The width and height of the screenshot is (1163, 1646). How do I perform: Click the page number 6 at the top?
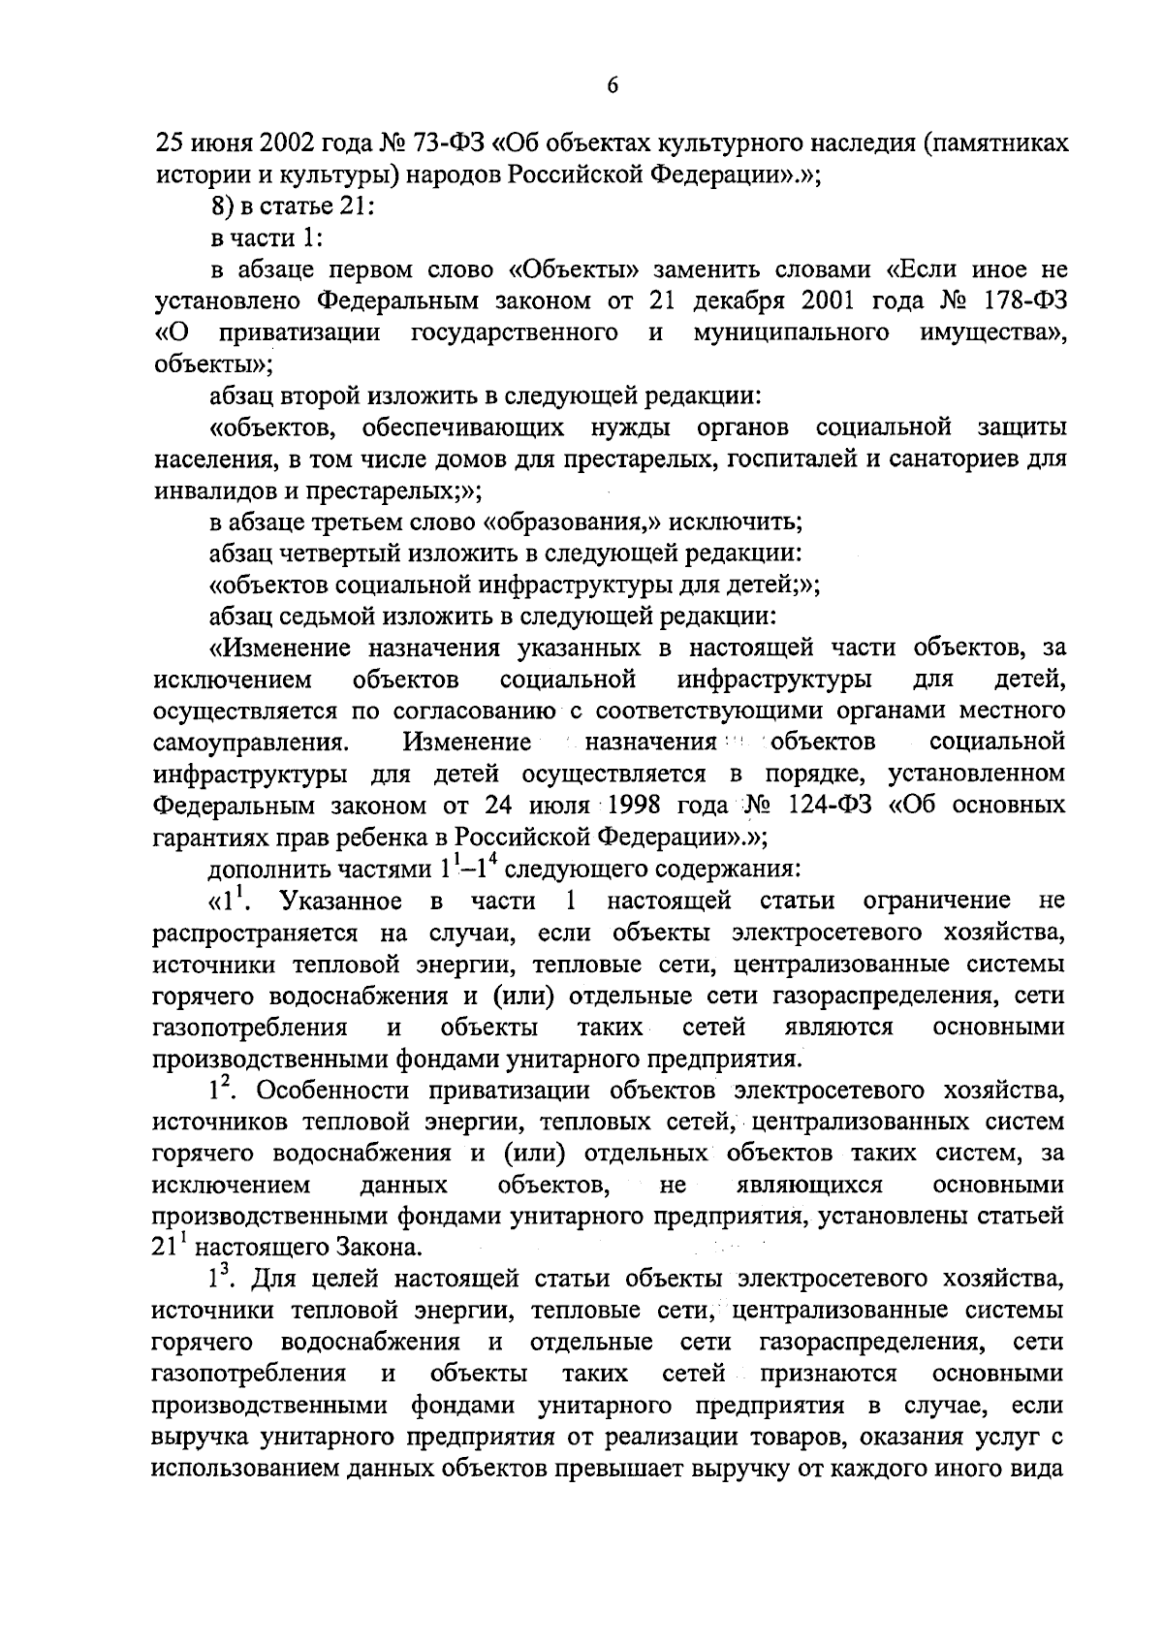pos(612,87)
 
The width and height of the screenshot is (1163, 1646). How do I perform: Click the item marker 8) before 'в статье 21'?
pos(224,206)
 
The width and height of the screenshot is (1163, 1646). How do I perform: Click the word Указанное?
pos(341,902)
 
